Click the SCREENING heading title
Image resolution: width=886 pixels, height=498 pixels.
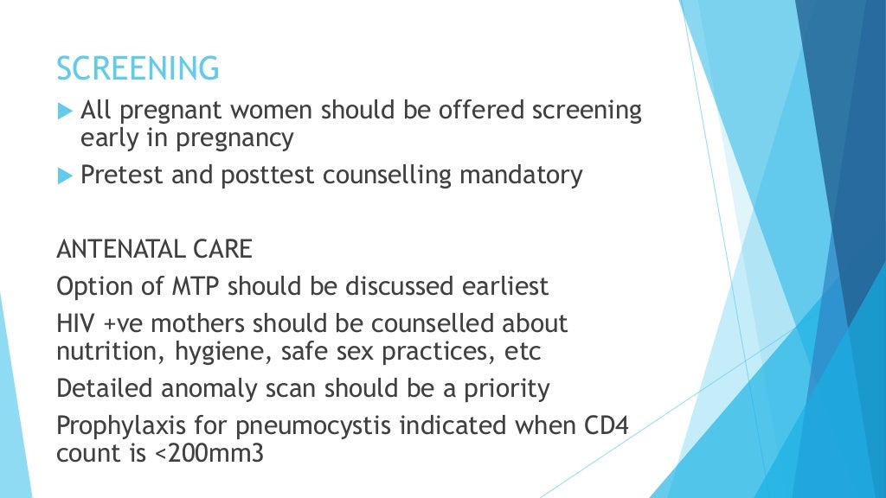pyautogui.click(x=138, y=67)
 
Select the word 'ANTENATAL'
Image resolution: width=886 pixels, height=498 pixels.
pyautogui.click(x=114, y=250)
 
